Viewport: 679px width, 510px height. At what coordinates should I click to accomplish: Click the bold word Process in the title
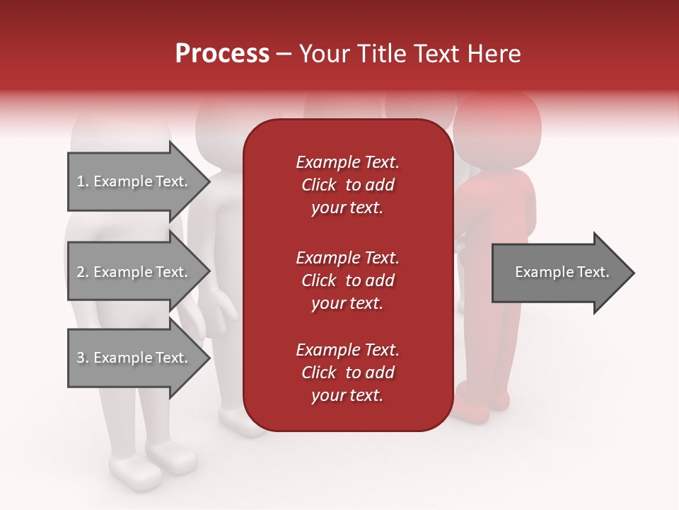click(x=222, y=54)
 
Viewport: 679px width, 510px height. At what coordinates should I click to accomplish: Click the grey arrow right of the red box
click(x=562, y=272)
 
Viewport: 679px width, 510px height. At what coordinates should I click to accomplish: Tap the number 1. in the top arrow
click(x=83, y=181)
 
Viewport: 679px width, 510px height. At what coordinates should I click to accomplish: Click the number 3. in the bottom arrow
click(x=83, y=358)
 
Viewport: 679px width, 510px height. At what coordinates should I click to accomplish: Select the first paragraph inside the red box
click(x=347, y=185)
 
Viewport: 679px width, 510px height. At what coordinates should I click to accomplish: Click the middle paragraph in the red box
click(x=347, y=280)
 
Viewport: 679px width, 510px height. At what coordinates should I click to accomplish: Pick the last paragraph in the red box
click(x=347, y=373)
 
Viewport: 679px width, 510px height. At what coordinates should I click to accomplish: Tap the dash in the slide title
click(x=284, y=54)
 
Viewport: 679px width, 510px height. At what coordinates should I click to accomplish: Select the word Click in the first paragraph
click(x=318, y=185)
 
